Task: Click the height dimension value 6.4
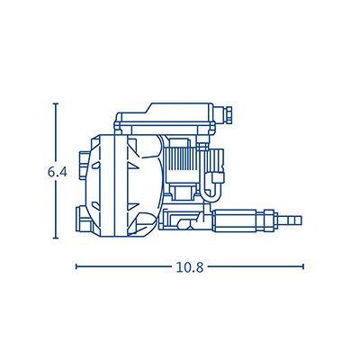click(x=57, y=172)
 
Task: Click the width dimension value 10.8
click(x=189, y=266)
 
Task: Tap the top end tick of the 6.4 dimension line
click(x=56, y=103)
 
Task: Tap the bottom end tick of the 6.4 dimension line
click(x=56, y=238)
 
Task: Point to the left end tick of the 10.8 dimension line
click(x=76, y=266)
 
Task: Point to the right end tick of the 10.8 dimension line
click(x=303, y=266)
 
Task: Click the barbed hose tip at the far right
click(x=292, y=220)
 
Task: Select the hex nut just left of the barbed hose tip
click(x=269, y=220)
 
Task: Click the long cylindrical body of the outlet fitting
click(x=234, y=220)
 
